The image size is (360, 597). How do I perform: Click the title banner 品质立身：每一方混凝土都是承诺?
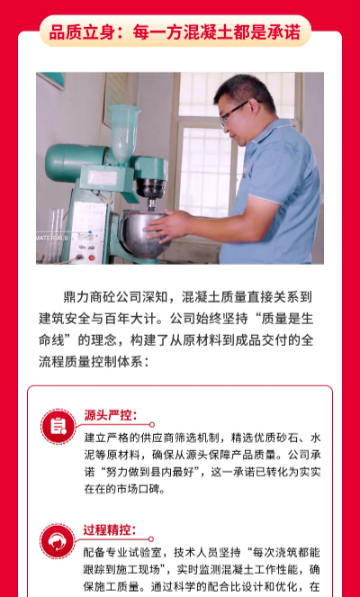[x=175, y=32]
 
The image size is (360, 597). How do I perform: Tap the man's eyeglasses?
[x=233, y=113]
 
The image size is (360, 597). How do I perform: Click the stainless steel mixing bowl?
[x=144, y=234]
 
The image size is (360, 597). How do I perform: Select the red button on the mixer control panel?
[x=91, y=258]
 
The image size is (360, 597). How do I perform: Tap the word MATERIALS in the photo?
[x=52, y=238]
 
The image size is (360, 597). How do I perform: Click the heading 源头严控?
[x=111, y=415]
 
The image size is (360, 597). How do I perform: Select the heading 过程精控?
[x=110, y=529]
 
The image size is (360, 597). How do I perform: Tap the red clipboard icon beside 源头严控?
[x=58, y=427]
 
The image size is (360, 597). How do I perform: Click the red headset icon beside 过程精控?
[x=58, y=541]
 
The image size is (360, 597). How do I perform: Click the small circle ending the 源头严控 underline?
[x=152, y=424]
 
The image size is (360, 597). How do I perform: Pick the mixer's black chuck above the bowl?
[x=151, y=188]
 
